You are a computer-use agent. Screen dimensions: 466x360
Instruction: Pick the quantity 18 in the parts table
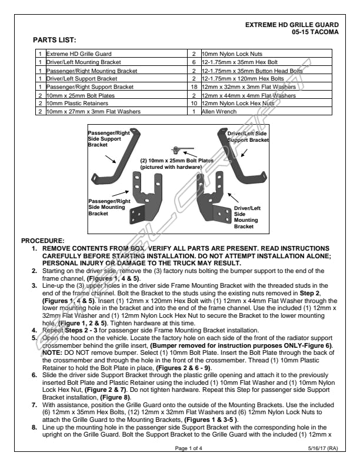point(193,86)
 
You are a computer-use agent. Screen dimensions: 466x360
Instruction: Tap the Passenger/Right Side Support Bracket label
point(108,139)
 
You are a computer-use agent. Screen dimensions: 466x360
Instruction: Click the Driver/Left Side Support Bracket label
point(248,137)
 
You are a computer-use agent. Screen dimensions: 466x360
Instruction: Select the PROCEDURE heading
point(42,241)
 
